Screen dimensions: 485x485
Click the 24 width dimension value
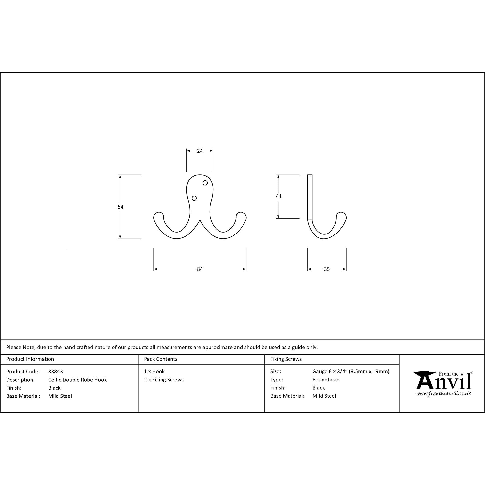click(x=200, y=151)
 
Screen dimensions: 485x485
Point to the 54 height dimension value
click(x=121, y=207)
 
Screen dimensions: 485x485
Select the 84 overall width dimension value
click(x=200, y=269)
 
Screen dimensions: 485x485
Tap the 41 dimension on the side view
click(x=279, y=196)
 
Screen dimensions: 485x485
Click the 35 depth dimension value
click(x=327, y=269)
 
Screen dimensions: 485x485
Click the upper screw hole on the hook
click(x=205, y=183)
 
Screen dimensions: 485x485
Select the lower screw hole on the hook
click(x=194, y=198)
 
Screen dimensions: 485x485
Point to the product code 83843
click(x=56, y=372)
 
